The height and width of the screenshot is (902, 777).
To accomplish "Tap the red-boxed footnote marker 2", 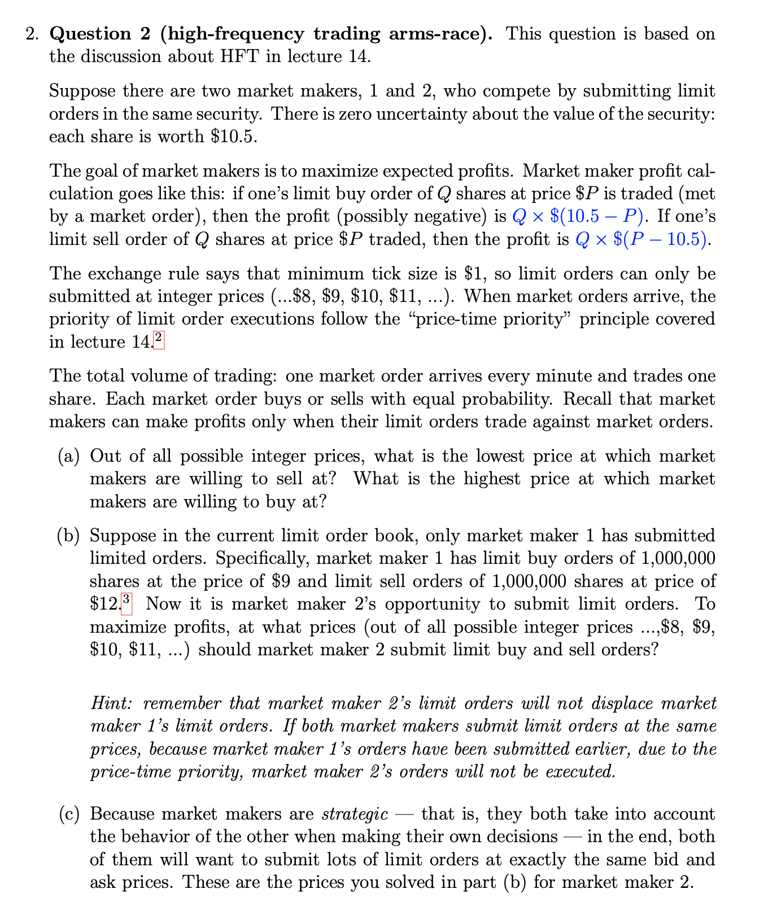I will pyautogui.click(x=158, y=340).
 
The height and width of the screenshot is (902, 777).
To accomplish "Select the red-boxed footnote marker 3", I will pyautogui.click(x=126, y=602).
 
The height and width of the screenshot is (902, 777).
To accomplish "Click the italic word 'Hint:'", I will pyautogui.click(x=112, y=703).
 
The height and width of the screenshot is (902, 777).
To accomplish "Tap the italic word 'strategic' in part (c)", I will pyautogui.click(x=355, y=814).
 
